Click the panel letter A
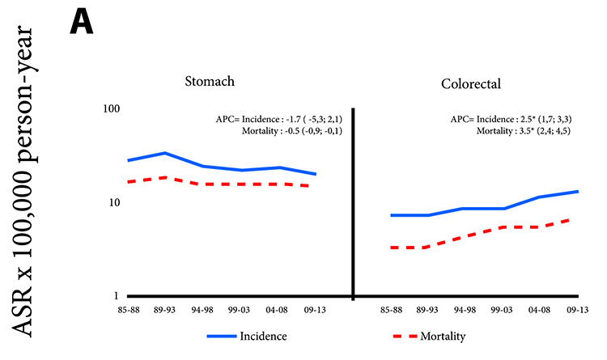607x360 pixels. [82, 20]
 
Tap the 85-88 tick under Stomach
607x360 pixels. [129, 309]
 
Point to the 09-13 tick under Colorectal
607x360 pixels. [577, 309]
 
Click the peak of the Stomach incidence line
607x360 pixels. [165, 153]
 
